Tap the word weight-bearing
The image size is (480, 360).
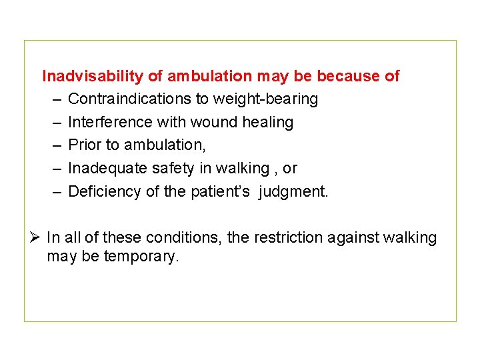point(265,99)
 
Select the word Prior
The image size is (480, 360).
point(83,145)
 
